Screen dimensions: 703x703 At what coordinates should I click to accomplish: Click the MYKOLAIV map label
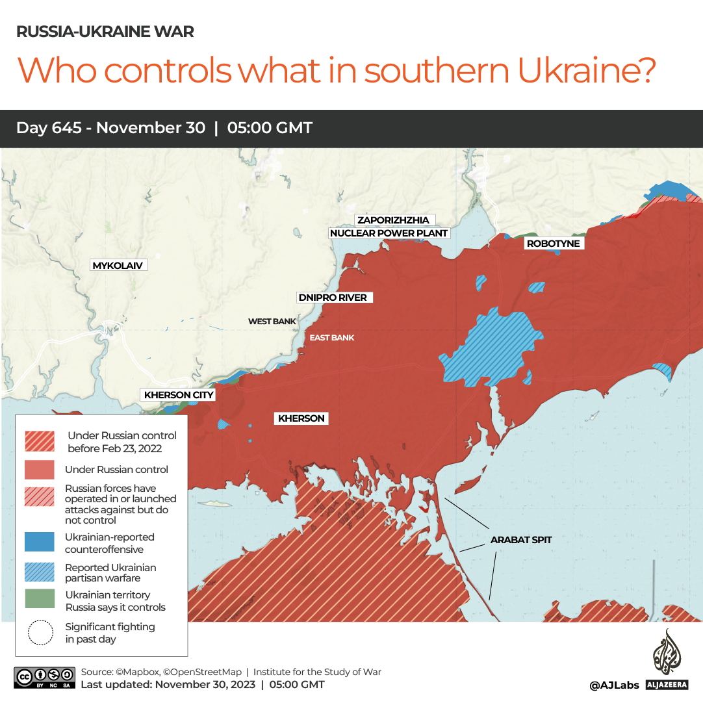(118, 266)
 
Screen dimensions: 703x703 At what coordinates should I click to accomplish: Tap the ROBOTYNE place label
(553, 244)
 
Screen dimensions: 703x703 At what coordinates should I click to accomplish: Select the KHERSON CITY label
(179, 395)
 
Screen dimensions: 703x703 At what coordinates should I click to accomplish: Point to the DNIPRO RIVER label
(332, 298)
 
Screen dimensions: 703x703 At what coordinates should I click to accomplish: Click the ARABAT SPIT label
(521, 539)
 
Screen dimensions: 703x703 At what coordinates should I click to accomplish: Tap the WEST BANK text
(272, 322)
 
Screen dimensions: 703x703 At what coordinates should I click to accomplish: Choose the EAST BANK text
(331, 338)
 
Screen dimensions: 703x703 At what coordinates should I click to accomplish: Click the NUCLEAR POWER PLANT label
(389, 233)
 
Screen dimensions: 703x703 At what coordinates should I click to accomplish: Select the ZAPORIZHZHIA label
(393, 220)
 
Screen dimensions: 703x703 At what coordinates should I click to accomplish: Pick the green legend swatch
(40, 599)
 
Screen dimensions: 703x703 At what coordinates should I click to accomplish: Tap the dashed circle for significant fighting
(40, 632)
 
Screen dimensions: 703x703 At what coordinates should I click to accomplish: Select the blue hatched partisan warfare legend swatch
(40, 571)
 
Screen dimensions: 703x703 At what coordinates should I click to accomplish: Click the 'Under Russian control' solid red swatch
(40, 469)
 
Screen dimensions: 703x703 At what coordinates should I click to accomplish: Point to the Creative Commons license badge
(44, 677)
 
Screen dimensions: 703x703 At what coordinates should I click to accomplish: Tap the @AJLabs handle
(614, 685)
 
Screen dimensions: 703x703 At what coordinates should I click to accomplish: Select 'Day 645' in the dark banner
(49, 128)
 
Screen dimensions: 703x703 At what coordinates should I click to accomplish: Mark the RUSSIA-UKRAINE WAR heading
(105, 32)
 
